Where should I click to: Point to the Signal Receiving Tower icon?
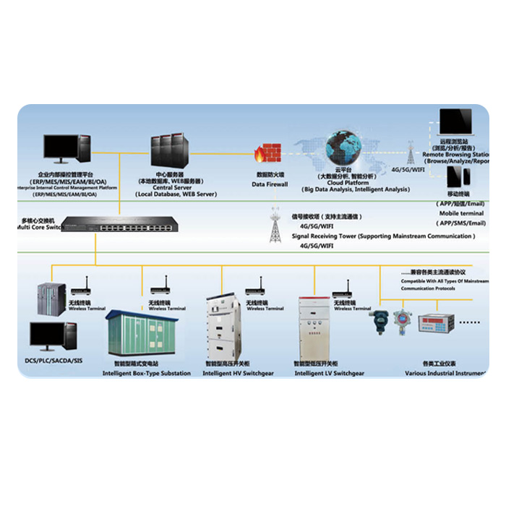[x=275, y=225]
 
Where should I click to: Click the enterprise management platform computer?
[x=67, y=150]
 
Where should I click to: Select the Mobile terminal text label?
[x=462, y=213]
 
